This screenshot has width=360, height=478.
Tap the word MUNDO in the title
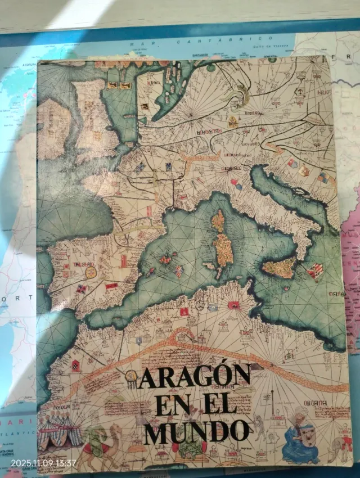[196, 432]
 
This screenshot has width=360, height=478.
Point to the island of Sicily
[279, 268]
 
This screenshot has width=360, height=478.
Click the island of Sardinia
[224, 250]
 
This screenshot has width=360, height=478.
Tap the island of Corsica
[218, 220]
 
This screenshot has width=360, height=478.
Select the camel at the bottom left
[101, 444]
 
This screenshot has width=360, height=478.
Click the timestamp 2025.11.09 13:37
[43, 463]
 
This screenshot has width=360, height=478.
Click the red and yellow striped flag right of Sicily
[314, 271]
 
